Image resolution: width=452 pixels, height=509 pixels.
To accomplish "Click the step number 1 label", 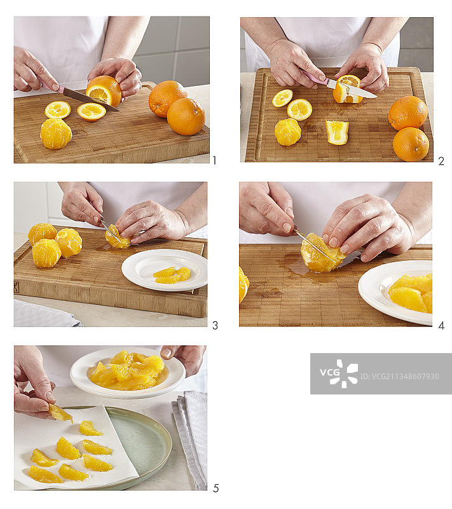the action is [214, 160].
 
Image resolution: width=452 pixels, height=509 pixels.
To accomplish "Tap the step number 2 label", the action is [441, 161].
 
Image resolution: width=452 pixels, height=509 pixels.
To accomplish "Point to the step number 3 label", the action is [215, 325].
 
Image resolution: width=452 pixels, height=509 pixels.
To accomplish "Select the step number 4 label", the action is [441, 326].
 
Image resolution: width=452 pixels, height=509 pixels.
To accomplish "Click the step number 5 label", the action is [216, 488].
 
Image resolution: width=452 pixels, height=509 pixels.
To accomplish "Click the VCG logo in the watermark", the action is [339, 373].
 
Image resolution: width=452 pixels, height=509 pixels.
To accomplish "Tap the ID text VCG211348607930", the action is [399, 377].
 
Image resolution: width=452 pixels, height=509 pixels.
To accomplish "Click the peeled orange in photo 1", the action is [56, 134].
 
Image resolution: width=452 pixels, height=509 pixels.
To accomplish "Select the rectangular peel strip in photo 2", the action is [337, 132].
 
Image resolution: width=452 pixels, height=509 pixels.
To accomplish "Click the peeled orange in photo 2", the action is [287, 132].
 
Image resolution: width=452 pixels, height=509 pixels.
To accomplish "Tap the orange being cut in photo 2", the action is [348, 89].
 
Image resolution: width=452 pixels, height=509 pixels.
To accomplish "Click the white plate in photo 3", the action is [165, 270].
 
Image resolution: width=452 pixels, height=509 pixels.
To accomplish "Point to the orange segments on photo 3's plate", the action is [172, 275].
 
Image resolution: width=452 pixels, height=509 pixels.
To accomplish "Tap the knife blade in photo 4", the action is [315, 246].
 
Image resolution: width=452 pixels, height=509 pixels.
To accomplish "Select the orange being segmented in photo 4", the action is [322, 253].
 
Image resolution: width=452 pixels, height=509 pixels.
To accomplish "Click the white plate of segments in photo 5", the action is [127, 372].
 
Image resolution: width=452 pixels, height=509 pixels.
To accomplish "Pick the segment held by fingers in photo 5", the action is [60, 413].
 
